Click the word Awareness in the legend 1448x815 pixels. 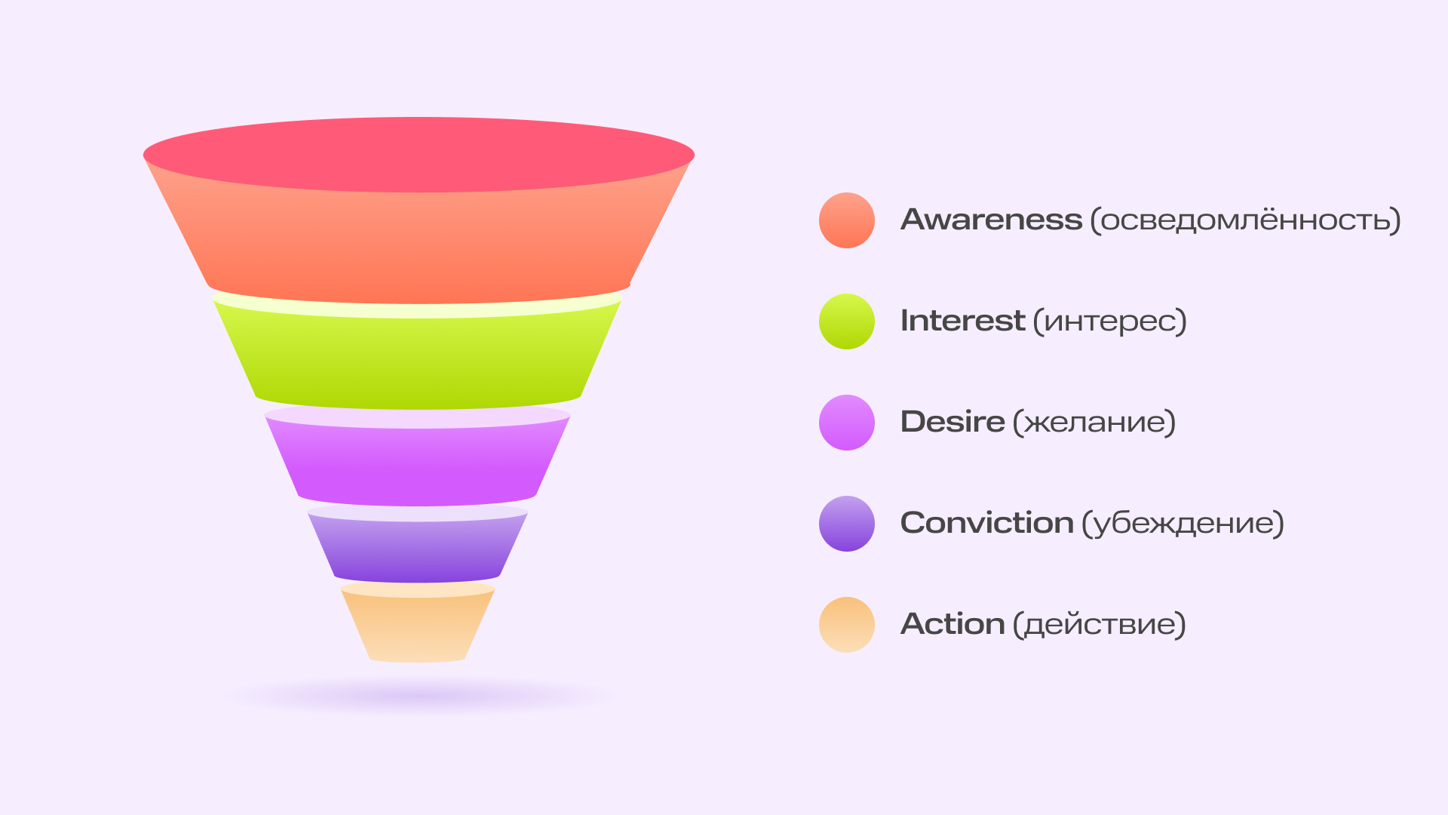[991, 220]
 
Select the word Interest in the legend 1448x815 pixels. [962, 321]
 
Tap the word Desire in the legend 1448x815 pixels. [953, 422]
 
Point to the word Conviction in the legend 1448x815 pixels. [986, 523]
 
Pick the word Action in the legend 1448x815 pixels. [953, 624]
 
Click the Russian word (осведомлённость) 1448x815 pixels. [1246, 220]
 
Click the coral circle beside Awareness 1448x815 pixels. [847, 220]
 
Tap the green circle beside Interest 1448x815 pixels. [847, 321]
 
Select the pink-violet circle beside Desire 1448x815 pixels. [847, 423]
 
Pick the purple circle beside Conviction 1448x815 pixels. [847, 524]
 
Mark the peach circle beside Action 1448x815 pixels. [847, 625]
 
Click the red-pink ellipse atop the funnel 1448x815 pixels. [419, 155]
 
